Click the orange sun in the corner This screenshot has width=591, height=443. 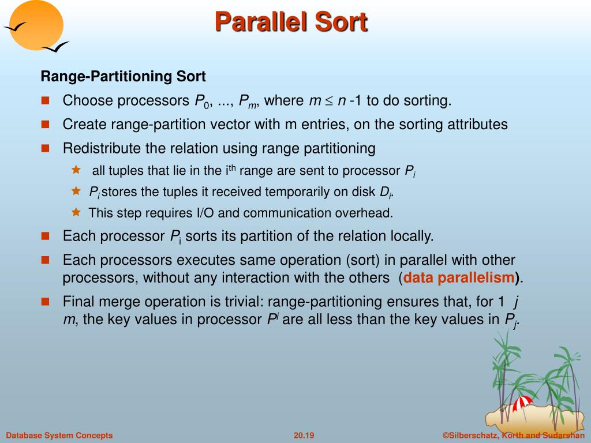(x=36, y=25)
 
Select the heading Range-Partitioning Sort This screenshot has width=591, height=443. (x=124, y=77)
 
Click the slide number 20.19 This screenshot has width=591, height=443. (x=304, y=436)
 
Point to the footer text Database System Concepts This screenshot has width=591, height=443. (x=59, y=436)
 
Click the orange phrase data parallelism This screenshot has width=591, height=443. (x=459, y=277)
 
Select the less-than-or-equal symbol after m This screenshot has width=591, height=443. (x=330, y=101)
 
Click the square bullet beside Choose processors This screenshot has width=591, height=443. (x=45, y=100)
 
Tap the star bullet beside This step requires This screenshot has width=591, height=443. (x=76, y=212)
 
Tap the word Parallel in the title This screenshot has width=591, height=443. (x=261, y=21)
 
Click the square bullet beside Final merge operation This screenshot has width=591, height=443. (x=45, y=301)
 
